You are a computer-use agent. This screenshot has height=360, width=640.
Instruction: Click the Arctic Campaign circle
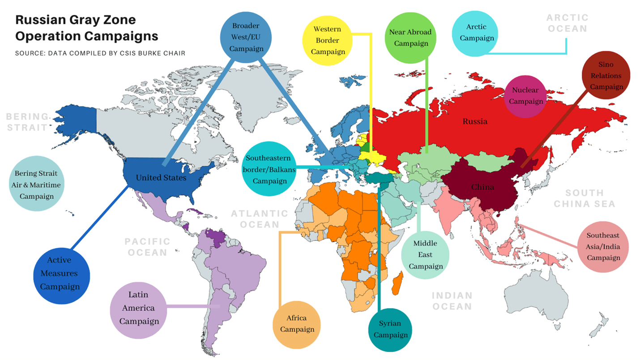coord(477,32)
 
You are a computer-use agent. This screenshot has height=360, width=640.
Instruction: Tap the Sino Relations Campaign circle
coord(606,75)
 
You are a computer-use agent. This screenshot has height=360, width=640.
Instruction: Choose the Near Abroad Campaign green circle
coord(410,38)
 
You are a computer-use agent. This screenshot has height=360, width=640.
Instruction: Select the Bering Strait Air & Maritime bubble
coord(36,184)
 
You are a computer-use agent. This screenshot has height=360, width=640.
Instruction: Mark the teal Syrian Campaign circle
coord(390,329)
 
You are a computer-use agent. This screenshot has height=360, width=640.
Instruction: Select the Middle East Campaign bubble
coord(425,255)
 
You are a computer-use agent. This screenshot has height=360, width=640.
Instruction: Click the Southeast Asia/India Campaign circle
coord(603,246)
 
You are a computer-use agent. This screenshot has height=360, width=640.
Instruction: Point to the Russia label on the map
coord(475,121)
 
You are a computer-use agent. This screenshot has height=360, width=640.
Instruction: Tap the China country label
coord(482,186)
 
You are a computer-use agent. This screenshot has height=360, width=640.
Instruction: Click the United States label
coord(161,178)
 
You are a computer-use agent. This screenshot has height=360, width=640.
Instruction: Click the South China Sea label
coord(584,198)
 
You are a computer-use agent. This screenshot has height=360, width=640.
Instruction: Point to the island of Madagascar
coord(397,285)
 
